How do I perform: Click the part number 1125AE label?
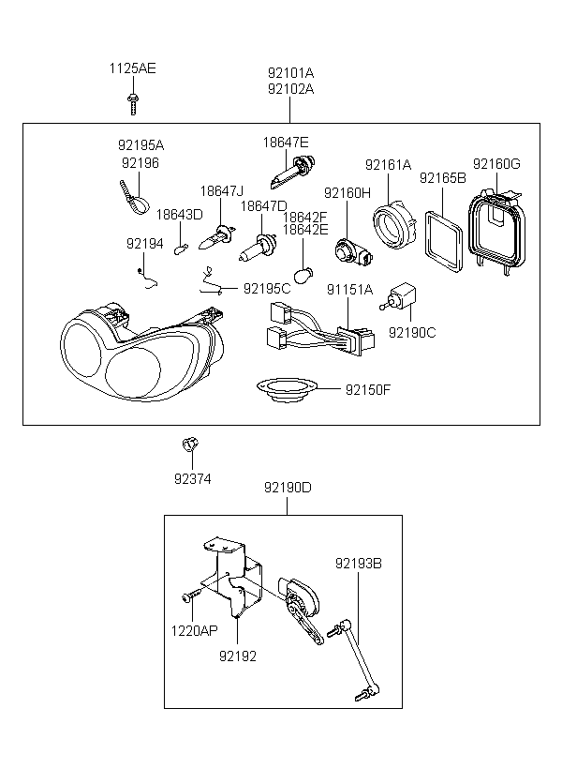pyautogui.click(x=132, y=68)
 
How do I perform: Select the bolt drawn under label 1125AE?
pyautogui.click(x=133, y=104)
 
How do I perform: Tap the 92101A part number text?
pyautogui.click(x=290, y=73)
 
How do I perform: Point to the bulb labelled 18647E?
pyautogui.click(x=292, y=172)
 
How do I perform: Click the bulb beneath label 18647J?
pyautogui.click(x=217, y=236)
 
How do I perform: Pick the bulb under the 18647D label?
pyautogui.click(x=259, y=248)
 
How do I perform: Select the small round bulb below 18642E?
pyautogui.click(x=303, y=275)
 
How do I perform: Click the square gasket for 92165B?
pyautogui.click(x=443, y=241)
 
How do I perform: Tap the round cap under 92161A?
pyautogui.click(x=394, y=226)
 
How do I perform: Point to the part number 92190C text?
pyautogui.click(x=412, y=333)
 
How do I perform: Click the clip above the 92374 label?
pyautogui.click(x=189, y=445)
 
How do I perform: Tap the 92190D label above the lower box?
pyautogui.click(x=288, y=488)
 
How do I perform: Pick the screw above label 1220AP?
pyautogui.click(x=192, y=596)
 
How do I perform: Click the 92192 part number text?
pyautogui.click(x=238, y=656)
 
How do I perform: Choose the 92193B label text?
pyautogui.click(x=358, y=564)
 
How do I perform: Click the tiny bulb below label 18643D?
pyautogui.click(x=181, y=249)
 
